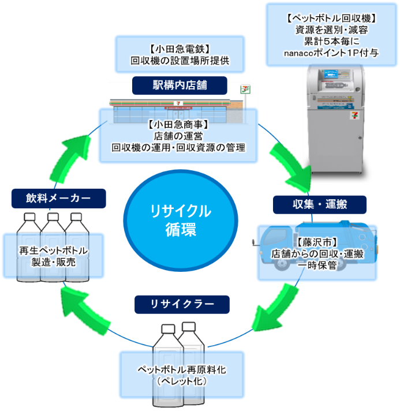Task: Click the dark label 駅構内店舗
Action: coord(180,86)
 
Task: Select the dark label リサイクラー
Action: coord(182,304)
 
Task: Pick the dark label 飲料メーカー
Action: coord(58,199)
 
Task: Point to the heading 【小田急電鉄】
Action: coord(180,48)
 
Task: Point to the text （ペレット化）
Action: coord(182,382)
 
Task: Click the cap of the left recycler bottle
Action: coord(168,329)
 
